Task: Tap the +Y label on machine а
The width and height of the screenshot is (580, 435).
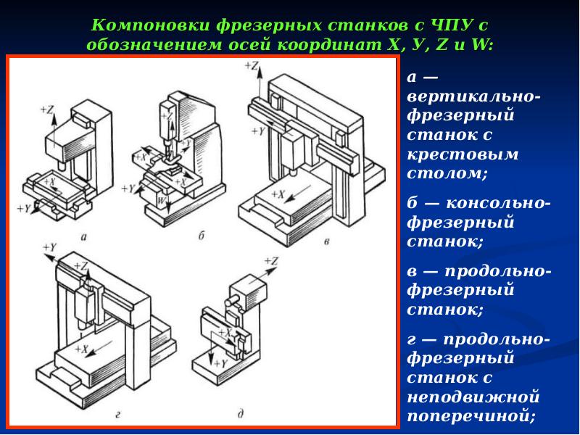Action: coord(23,208)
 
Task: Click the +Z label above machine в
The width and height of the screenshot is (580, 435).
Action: coord(251,65)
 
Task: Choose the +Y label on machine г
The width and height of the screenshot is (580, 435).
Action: coord(49,247)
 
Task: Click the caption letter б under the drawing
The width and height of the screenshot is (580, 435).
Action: coord(201,236)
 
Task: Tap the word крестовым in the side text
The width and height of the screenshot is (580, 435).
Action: coord(443,154)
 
